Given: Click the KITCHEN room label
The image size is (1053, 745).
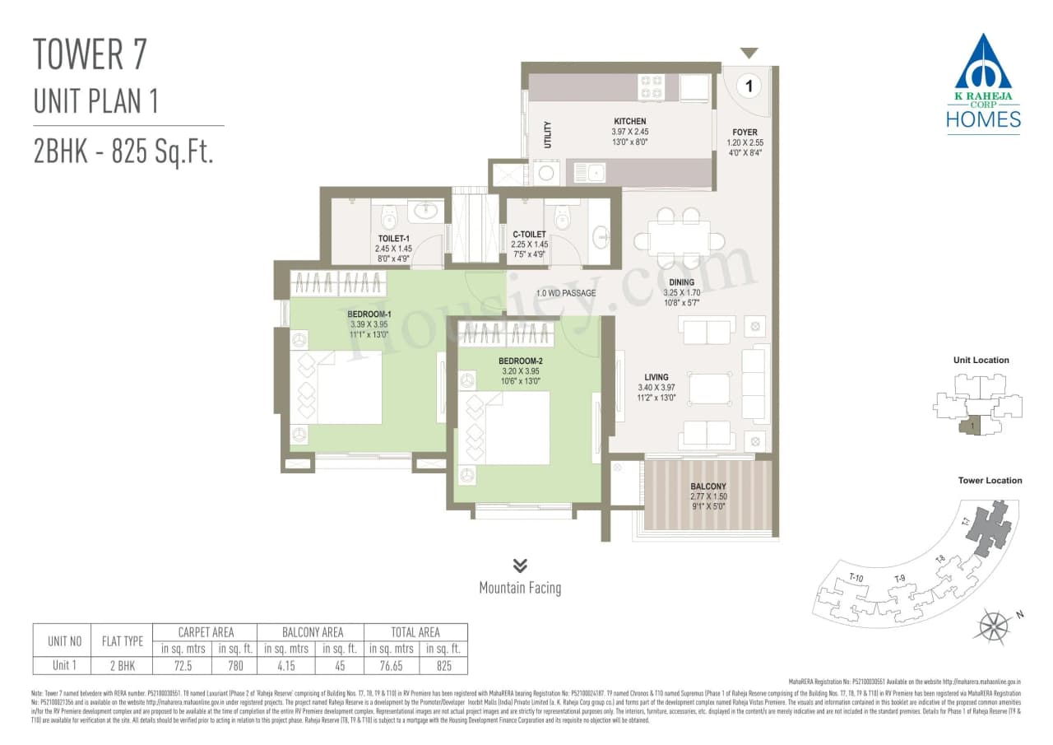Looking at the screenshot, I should (x=629, y=121).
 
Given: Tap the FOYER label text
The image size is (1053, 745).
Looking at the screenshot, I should (x=745, y=133).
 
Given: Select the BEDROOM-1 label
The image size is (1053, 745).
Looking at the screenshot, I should (x=369, y=314).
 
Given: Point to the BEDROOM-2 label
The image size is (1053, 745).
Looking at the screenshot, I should (x=520, y=361).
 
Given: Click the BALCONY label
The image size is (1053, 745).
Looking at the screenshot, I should (x=708, y=487).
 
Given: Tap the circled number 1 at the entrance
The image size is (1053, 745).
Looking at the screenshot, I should (x=749, y=85).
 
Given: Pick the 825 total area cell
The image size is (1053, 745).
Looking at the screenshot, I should (x=443, y=665).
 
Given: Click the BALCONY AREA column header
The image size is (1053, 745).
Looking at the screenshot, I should (x=312, y=632).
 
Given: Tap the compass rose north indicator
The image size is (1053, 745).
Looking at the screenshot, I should (x=994, y=626).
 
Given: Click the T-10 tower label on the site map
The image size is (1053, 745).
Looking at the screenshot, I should (x=856, y=577).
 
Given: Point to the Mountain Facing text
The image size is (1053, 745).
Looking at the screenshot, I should (x=520, y=588).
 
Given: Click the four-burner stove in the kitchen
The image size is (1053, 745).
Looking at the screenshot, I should (x=652, y=86).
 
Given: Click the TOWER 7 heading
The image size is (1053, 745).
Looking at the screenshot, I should (x=90, y=54).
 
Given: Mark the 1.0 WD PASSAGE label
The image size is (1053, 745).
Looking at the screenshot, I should (x=566, y=293).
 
